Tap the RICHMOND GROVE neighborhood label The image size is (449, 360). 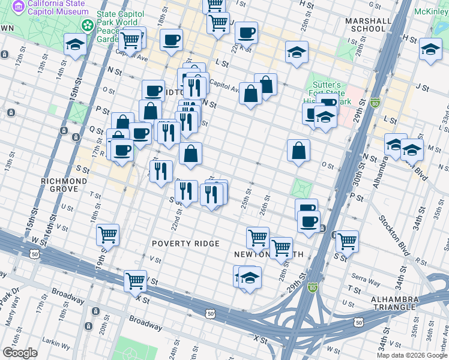[64, 185]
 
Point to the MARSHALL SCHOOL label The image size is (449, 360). [365, 24]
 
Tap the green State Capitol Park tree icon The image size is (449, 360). [88, 26]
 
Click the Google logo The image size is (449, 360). [20, 353]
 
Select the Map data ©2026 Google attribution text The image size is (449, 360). [412, 355]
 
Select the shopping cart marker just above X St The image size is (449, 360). [136, 280]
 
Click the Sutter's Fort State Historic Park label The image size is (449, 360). [327, 93]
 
